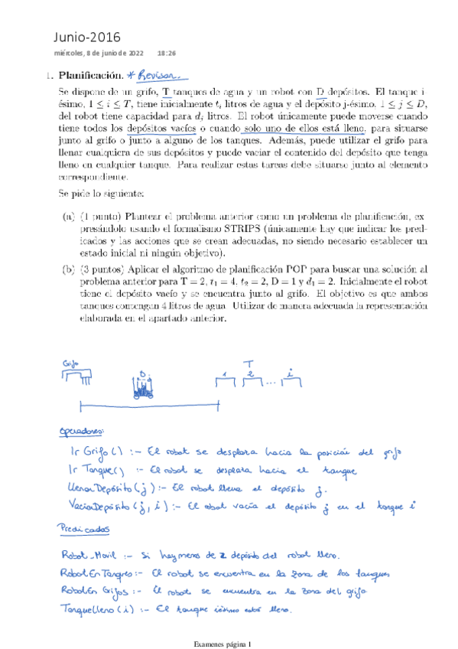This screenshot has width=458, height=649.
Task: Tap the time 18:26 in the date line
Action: pyautogui.click(x=167, y=54)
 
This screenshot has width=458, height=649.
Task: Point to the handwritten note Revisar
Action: pyautogui.click(x=159, y=75)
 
